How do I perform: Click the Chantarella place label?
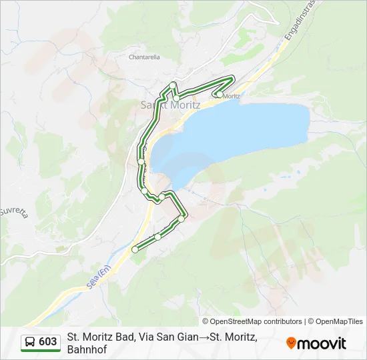pos(143,57)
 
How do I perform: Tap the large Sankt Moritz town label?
pos(171,105)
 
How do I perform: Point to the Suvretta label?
pos(13,212)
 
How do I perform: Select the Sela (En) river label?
pos(98,277)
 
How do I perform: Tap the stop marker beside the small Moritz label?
pos(219,95)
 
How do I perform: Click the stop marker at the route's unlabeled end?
pos(135,249)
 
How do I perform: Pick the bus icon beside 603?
pos(31,342)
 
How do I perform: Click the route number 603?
pos(48,342)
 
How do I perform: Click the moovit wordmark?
pos(322,343)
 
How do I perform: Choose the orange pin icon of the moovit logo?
pos(291,343)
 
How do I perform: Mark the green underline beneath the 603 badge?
pos(41,351)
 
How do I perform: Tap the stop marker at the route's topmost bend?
pos(173,85)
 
